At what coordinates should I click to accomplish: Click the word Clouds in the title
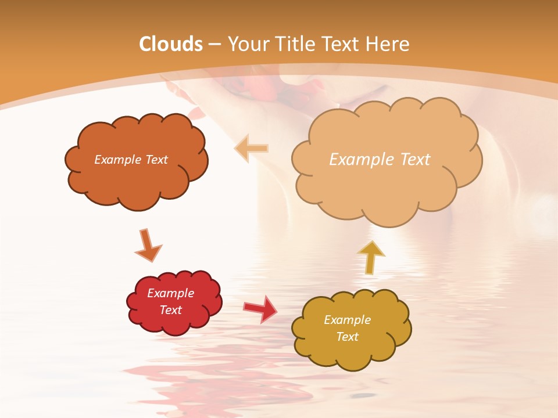tap(171, 44)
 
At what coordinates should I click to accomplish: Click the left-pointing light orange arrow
tap(251, 149)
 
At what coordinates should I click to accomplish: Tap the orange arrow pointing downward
tap(148, 245)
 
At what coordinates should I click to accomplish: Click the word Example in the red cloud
tap(170, 293)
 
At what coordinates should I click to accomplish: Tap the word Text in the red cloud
tap(170, 310)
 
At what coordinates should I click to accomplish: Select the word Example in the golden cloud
tap(347, 320)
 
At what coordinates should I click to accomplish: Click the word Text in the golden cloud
tap(347, 337)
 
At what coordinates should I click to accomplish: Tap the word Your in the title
tap(248, 44)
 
